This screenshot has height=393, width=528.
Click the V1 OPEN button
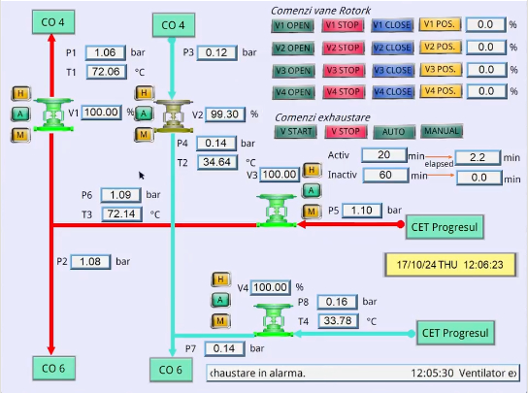coord(292,26)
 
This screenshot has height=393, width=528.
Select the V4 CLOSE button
coord(393,92)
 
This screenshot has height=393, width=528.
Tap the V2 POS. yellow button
coord(440,47)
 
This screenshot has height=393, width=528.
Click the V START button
coord(296,132)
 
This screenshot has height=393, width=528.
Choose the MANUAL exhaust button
coord(442,131)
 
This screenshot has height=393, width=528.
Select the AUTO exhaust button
coord(394,132)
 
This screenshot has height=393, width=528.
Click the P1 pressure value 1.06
coord(106,52)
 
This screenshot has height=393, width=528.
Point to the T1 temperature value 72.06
coord(107,72)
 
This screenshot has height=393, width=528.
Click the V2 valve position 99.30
coord(225,115)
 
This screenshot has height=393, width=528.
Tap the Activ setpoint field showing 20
coord(384,155)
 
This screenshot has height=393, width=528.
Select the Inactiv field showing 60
coord(385,175)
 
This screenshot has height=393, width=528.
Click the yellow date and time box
coord(450,265)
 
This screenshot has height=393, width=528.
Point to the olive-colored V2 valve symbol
coord(174,115)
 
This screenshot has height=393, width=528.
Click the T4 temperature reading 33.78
coord(338,320)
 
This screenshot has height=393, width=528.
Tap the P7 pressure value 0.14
coord(224,348)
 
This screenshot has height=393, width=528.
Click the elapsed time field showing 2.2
coord(478,157)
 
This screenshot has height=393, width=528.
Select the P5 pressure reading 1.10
coord(362,211)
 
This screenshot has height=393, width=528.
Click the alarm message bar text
coord(363,374)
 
